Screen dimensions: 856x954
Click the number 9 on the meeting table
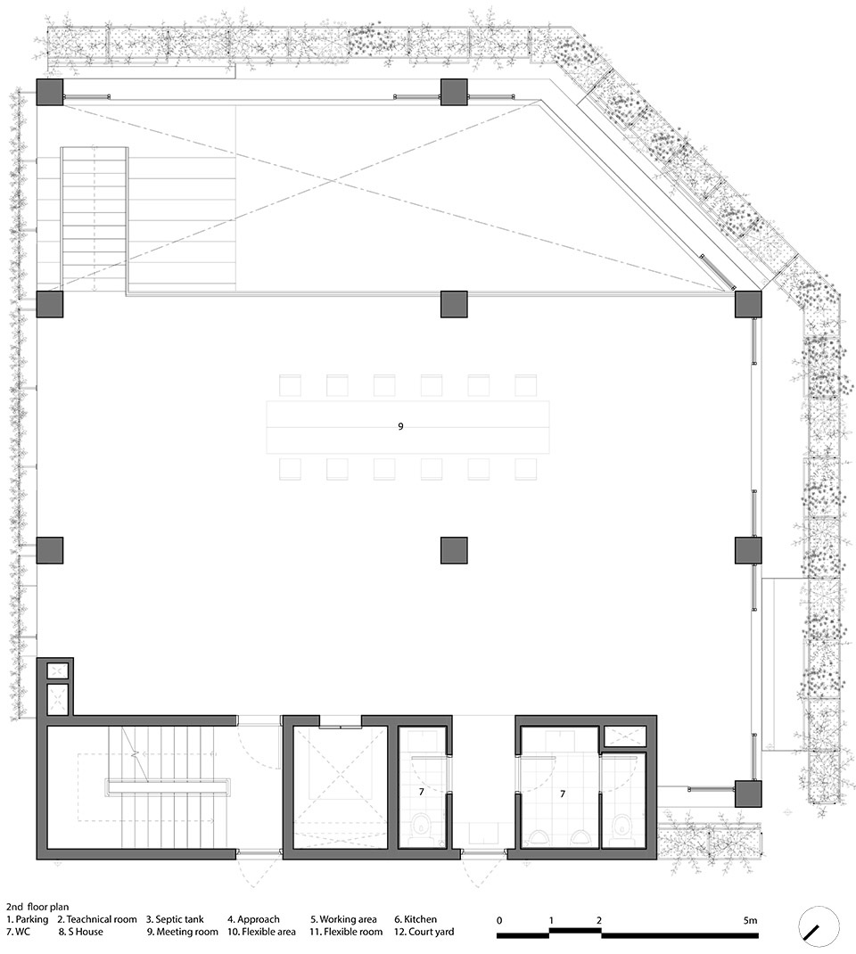tap(400, 426)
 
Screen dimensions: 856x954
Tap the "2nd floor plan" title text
tap(37, 907)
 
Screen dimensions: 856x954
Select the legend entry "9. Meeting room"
tap(183, 932)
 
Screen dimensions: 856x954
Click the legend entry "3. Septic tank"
tap(176, 919)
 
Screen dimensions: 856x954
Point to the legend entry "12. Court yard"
tap(424, 932)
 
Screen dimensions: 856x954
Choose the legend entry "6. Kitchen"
tap(416, 919)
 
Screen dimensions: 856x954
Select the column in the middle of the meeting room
tap(454, 550)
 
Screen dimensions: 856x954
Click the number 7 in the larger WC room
tap(562, 794)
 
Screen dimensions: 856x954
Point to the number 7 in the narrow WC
tap(421, 792)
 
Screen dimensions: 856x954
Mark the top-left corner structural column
tap(49, 93)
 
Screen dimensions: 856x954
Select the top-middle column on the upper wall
tap(454, 93)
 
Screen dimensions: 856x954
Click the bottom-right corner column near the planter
tap(748, 794)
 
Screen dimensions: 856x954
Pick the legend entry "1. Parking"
tap(28, 919)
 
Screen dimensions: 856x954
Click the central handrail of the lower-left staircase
tap(169, 786)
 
